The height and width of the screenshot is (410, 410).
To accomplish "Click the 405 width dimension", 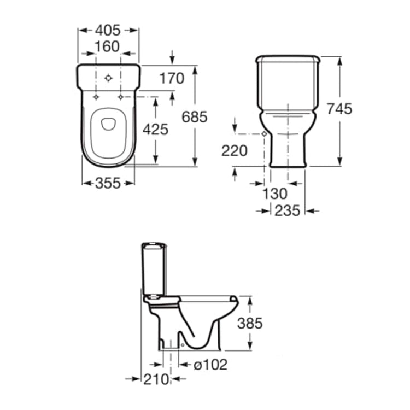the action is tap(108, 30).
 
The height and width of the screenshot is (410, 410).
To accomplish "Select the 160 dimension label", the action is tap(107, 46).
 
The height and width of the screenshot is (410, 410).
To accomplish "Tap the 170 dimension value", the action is tap(172, 78).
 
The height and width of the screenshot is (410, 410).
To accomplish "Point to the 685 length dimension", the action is tap(195, 116).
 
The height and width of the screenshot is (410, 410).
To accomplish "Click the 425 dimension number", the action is tap(156, 130).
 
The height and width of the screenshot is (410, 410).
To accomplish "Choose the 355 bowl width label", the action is tap(108, 183).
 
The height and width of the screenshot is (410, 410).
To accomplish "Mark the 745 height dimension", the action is tap(339, 109).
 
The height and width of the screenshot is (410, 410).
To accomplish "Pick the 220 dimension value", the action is tap(235, 151).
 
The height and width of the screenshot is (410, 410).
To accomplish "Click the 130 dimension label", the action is tap(275, 194).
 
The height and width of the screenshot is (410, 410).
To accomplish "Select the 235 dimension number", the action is tap(287, 210).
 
